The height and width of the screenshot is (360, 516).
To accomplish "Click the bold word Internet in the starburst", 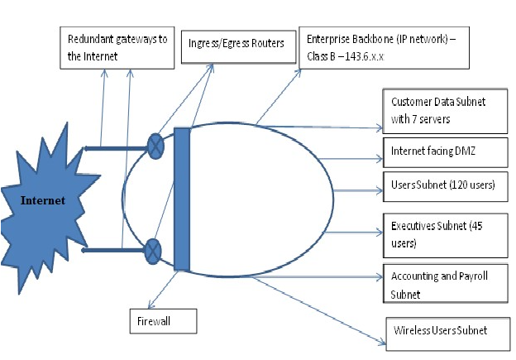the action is tap(43, 200).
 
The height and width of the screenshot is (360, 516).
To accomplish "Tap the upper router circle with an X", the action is tap(155, 146).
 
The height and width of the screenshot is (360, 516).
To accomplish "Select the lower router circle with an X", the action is tap(153, 252).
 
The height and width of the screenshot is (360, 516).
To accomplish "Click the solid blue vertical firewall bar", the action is tap(182, 199).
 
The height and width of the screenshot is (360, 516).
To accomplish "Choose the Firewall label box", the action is tap(163, 321).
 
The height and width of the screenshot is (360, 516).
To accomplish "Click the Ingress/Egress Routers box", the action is tap(239, 46).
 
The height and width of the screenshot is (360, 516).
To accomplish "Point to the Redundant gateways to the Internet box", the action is tap(117, 48).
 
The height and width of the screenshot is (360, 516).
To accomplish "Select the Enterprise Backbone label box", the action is tap(384, 48).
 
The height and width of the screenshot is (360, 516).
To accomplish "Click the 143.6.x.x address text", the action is tap(365, 56).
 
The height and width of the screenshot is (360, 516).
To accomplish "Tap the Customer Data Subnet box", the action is tap(445, 111).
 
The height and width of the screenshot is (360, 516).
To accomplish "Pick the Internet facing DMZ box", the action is tap(446, 152).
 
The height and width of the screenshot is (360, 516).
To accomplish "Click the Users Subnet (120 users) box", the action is tap(446, 186).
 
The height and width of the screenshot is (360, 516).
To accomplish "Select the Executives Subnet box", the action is tap(446, 236).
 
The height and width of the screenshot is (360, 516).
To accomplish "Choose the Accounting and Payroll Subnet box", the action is tap(446, 283).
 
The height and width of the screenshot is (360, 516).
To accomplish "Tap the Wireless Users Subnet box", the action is tap(448, 334).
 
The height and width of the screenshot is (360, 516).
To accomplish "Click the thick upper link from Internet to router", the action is tap(116, 148).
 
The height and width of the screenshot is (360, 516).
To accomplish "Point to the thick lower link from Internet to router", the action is tap(113, 250).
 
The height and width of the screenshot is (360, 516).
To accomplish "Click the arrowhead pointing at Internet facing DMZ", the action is tap(380, 159).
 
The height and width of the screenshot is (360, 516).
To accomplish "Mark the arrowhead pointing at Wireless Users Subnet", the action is tap(382, 343).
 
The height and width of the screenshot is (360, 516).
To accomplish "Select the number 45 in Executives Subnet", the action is tap(476, 226).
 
